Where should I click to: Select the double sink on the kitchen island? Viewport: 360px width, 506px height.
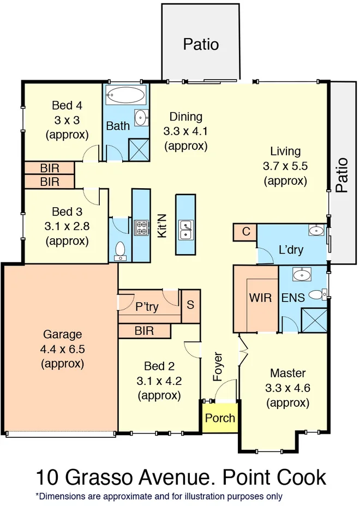point(185,230)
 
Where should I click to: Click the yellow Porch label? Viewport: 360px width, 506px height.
point(220,418)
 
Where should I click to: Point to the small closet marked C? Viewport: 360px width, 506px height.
point(245,232)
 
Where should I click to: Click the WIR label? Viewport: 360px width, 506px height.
point(260,298)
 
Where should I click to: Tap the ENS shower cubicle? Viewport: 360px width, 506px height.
point(314,320)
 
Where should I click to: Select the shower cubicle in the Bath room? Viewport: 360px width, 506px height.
point(139,149)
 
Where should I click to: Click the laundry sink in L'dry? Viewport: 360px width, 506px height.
point(316,231)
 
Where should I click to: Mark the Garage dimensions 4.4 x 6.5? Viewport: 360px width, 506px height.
point(62,349)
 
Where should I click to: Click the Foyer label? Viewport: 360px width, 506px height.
point(218,366)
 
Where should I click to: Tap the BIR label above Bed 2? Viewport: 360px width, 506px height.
point(144,331)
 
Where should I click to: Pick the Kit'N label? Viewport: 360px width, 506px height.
point(161,226)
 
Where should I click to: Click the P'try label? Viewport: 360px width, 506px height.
point(147,306)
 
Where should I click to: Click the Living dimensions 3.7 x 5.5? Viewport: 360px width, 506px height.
point(285,166)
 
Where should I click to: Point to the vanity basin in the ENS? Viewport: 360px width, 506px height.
point(302,275)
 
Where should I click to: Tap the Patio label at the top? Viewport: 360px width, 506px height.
point(201,44)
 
